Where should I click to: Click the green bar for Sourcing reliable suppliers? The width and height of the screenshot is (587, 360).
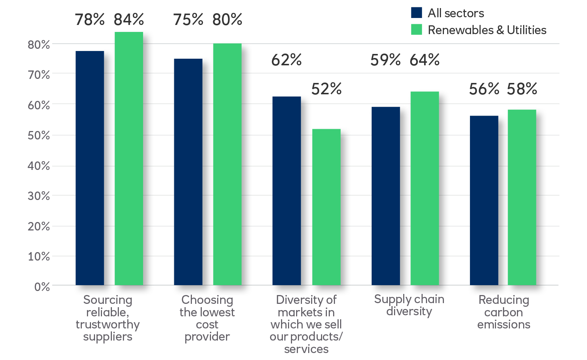tap(129, 159)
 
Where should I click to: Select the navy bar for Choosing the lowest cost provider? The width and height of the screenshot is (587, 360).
tap(188, 172)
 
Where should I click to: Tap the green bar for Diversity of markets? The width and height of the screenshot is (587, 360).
tap(326, 207)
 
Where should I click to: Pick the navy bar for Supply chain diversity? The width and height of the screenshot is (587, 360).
tap(386, 196)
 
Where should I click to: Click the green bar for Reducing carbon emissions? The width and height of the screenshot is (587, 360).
tap(522, 197)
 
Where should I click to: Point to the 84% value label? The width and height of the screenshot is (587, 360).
tap(129, 20)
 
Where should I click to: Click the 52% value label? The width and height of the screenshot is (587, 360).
tap(326, 89)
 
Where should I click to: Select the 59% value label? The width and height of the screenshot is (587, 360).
tap(385, 60)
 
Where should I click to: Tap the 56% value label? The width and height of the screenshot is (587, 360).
tap(484, 89)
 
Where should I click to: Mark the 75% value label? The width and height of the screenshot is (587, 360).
tap(188, 20)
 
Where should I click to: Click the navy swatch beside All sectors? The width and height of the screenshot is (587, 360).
tap(416, 13)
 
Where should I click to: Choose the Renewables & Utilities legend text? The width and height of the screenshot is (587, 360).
tap(487, 30)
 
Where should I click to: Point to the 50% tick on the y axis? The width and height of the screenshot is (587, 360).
tap(39, 135)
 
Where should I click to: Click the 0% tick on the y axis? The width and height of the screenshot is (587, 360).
tap(42, 287)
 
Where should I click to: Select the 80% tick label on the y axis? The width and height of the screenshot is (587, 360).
tap(39, 45)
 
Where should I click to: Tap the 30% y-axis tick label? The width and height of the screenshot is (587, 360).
tap(39, 196)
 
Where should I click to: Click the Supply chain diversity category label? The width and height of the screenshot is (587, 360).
tap(409, 305)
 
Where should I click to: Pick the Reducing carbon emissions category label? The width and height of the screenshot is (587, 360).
tap(504, 312)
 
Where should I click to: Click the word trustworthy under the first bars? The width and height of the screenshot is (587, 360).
tap(107, 325)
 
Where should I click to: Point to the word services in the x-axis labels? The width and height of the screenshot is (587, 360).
tap(306, 349)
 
